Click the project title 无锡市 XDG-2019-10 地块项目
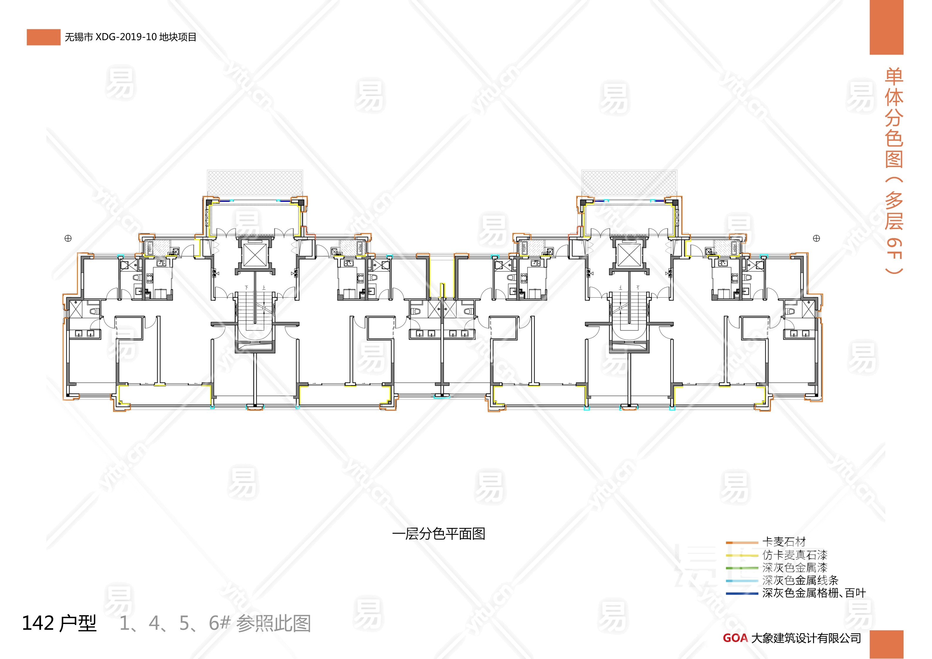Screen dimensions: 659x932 130,37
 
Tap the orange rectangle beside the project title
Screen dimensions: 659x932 43,37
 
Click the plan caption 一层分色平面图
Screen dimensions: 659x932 438,534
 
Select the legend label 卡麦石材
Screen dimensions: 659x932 783,542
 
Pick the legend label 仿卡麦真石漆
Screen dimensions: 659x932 794,555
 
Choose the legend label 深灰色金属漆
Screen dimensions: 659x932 794,567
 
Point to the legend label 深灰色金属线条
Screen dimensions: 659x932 800,580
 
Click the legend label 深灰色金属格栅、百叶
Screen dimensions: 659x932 814,593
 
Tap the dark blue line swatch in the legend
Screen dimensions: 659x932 742,594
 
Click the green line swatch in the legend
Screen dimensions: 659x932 742,568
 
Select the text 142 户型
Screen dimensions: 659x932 59,623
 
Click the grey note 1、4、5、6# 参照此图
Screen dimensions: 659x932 215,623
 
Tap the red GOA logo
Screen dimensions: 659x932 735,638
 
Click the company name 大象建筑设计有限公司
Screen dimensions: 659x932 806,638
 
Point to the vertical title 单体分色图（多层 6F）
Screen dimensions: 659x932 894,171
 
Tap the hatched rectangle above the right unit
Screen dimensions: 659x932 629,183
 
